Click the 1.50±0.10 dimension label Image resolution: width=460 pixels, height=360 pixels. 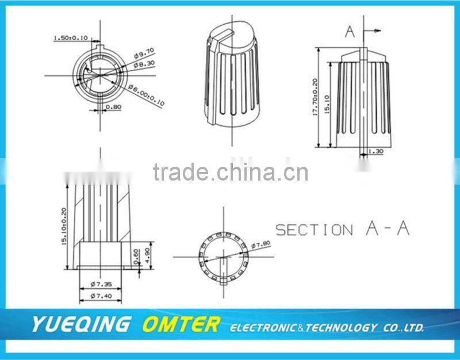(70, 38)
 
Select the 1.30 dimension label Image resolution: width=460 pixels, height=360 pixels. (375, 152)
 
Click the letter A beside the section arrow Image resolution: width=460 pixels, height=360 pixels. (350, 32)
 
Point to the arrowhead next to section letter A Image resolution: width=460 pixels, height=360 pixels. (377, 30)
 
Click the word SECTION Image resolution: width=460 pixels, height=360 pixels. (314, 230)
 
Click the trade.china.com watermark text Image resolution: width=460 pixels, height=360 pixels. (231, 172)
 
